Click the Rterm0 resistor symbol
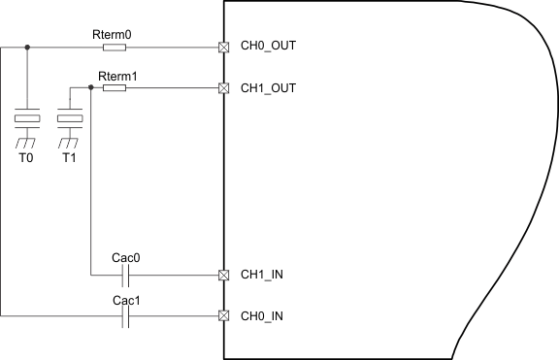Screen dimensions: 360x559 pos(114,47)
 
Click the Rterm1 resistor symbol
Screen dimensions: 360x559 pos(114,87)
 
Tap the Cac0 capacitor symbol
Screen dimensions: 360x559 pos(126,274)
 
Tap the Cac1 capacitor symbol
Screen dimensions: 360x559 pos(126,315)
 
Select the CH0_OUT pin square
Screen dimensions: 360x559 pos(224,47)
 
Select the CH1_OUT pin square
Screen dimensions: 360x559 pos(224,87)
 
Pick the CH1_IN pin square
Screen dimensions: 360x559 pos(224,274)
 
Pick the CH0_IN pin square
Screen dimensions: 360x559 pos(224,315)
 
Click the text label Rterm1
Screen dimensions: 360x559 pos(118,75)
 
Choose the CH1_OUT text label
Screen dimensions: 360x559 pos(268,87)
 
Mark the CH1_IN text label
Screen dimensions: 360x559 pos(263,275)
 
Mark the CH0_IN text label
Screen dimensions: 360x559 pos(263,316)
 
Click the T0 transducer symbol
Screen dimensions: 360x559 pos(26,119)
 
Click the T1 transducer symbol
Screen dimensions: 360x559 pos(69,119)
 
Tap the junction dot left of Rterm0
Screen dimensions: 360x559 pos(26,47)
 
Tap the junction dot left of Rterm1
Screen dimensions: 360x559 pos(90,87)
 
